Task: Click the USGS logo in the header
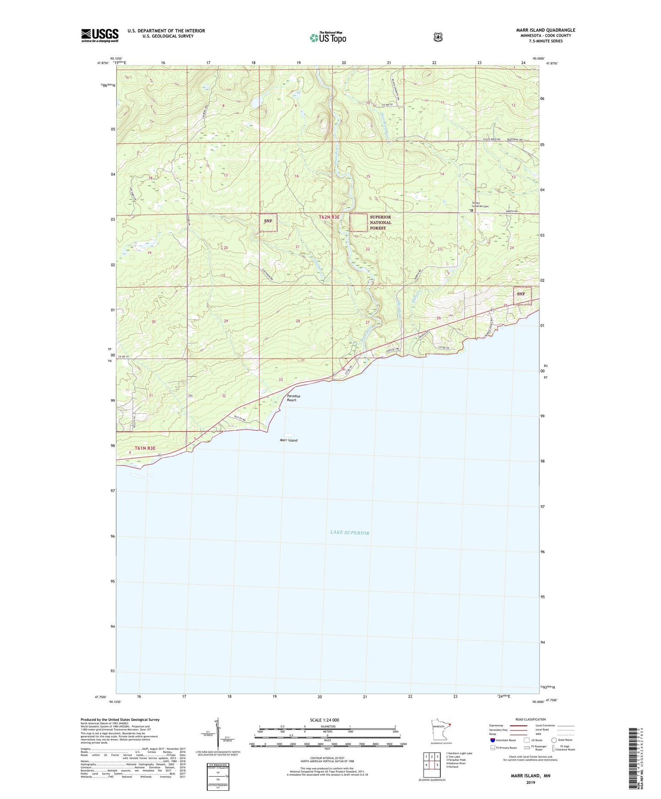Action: pyautogui.click(x=100, y=35)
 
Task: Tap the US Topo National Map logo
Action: pyautogui.click(x=328, y=37)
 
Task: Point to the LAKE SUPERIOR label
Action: pyautogui.click(x=349, y=533)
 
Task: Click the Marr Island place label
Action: pyautogui.click(x=289, y=440)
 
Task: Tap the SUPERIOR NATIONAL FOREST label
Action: pyautogui.click(x=380, y=222)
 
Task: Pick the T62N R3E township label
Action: pyautogui.click(x=329, y=217)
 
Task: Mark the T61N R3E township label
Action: pyautogui.click(x=145, y=448)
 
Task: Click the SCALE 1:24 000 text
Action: pyautogui.click(x=324, y=720)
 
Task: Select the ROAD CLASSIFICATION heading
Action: pyautogui.click(x=530, y=720)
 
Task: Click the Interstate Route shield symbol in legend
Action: pyautogui.click(x=493, y=740)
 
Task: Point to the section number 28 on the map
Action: pyautogui.click(x=298, y=321)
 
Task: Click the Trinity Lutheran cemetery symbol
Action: pyautogui.click(x=471, y=211)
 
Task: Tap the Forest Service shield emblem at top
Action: pyautogui.click(x=438, y=37)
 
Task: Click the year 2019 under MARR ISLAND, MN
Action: pyautogui.click(x=530, y=782)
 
